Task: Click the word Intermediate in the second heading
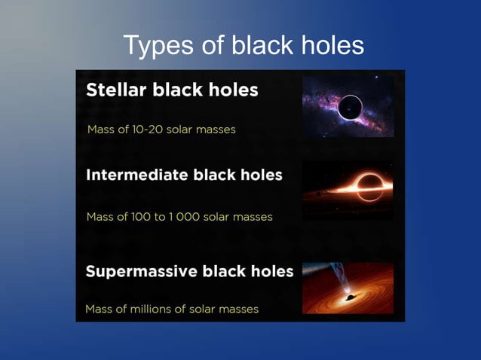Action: [137, 175]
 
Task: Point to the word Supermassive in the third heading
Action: [136, 271]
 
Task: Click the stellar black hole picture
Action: [348, 106]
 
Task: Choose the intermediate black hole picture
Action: [348, 191]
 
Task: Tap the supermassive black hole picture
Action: [348, 288]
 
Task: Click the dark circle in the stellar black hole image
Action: [349, 109]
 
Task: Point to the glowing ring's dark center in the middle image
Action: [369, 184]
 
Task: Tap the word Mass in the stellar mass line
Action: [100, 130]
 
